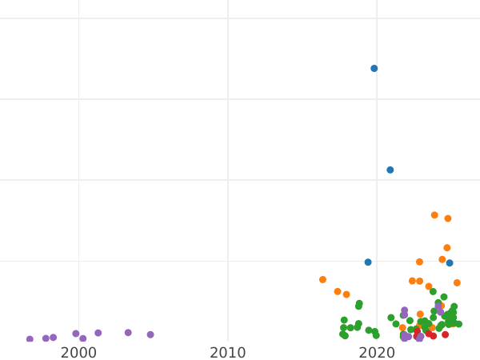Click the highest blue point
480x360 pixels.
pyautogui.click(x=374, y=69)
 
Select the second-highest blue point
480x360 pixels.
pyautogui.click(x=390, y=170)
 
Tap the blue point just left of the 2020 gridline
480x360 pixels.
pyautogui.click(x=368, y=262)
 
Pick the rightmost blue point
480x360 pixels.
pyautogui.click(x=450, y=263)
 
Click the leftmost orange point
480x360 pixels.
pyautogui.click(x=322, y=280)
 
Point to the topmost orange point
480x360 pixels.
pyautogui.click(x=434, y=215)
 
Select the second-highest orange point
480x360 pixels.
pyautogui.click(x=448, y=218)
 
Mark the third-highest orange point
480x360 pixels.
pyautogui.click(x=447, y=248)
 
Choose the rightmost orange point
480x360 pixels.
pyautogui.click(x=457, y=283)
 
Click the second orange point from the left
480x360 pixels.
pyautogui.click(x=338, y=292)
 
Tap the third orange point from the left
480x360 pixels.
pyautogui.click(x=346, y=294)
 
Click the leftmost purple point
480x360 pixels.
pyautogui.click(x=30, y=339)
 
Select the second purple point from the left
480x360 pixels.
pyautogui.click(x=46, y=338)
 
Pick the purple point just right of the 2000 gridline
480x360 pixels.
pyautogui.click(x=83, y=338)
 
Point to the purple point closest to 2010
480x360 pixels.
pyautogui.click(x=150, y=334)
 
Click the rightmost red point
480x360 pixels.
pyautogui.click(x=446, y=334)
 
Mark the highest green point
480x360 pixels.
pyautogui.click(x=433, y=291)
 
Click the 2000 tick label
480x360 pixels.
pyautogui.click(x=78, y=352)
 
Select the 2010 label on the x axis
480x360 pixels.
pyautogui.click(x=228, y=352)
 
